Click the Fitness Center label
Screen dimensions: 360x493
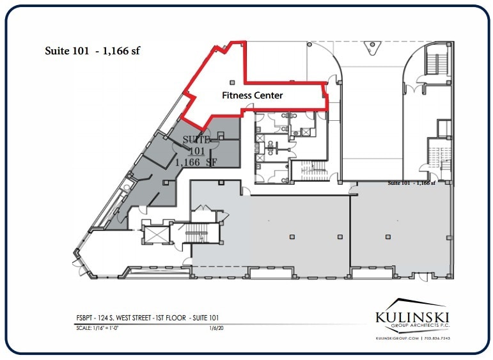(252, 95)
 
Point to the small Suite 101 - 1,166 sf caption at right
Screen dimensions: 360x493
(411, 183)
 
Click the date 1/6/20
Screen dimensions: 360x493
(215, 329)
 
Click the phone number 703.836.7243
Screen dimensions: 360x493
(437, 338)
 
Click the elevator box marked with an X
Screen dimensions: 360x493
(155, 233)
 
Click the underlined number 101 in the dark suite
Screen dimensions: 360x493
(196, 151)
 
